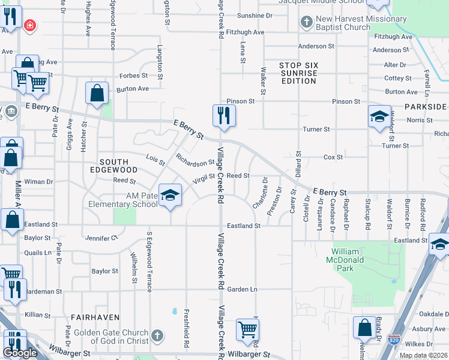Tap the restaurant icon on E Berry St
click(x=224, y=115)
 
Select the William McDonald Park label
click(x=349, y=256)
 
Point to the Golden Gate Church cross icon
click(x=157, y=335)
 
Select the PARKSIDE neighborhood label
click(x=425, y=107)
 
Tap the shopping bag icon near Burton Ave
click(x=97, y=93)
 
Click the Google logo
click(x=20, y=352)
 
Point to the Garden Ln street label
click(x=246, y=289)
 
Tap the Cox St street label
click(x=333, y=157)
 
